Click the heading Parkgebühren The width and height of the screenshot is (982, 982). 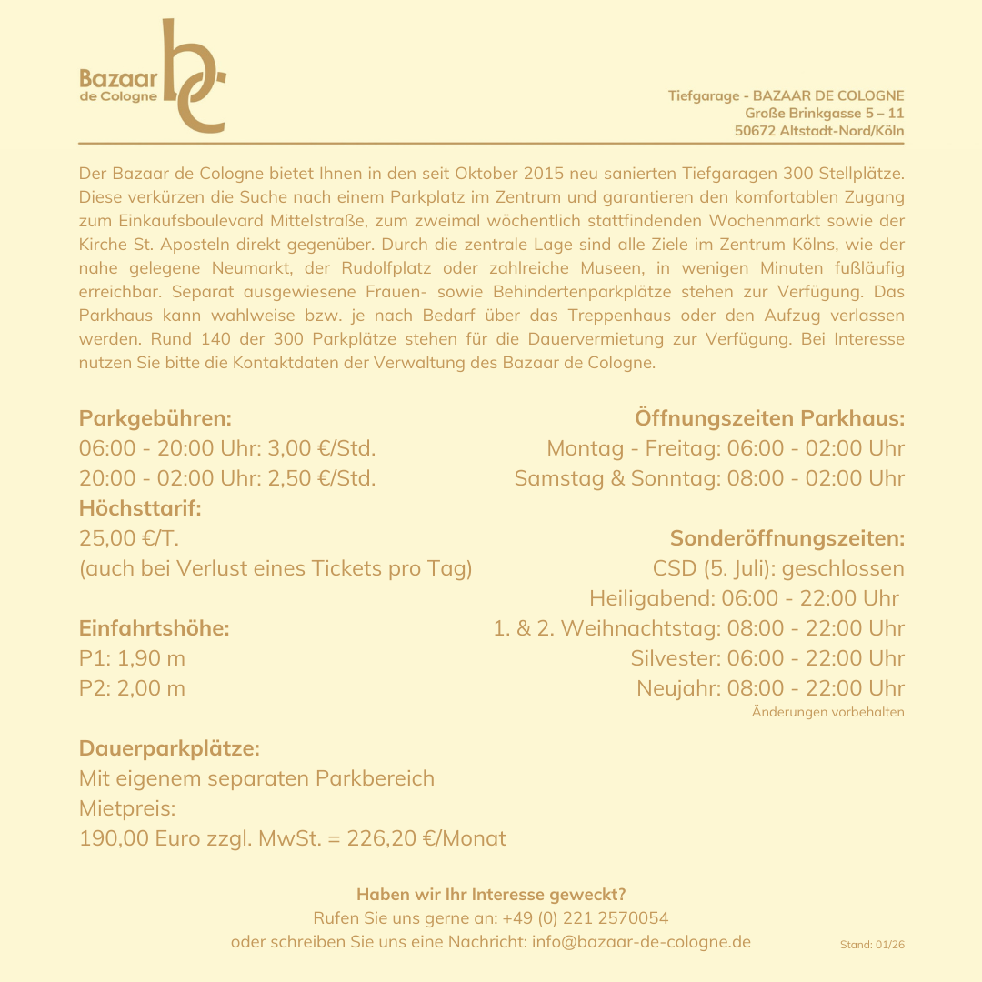coord(155,419)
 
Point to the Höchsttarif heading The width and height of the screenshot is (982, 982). coord(140,508)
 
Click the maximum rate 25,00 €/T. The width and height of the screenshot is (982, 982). coord(129,538)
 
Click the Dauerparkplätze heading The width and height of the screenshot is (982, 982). coord(169,749)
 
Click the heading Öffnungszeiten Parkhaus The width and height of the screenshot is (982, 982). coord(769,419)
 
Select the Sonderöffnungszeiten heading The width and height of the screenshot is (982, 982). coord(787,538)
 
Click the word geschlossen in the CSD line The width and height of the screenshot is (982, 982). coord(843,569)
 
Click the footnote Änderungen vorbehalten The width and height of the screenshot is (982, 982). coord(827,712)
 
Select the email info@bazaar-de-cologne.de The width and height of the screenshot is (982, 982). coord(641,942)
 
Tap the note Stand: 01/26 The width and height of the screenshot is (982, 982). coord(872,945)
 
